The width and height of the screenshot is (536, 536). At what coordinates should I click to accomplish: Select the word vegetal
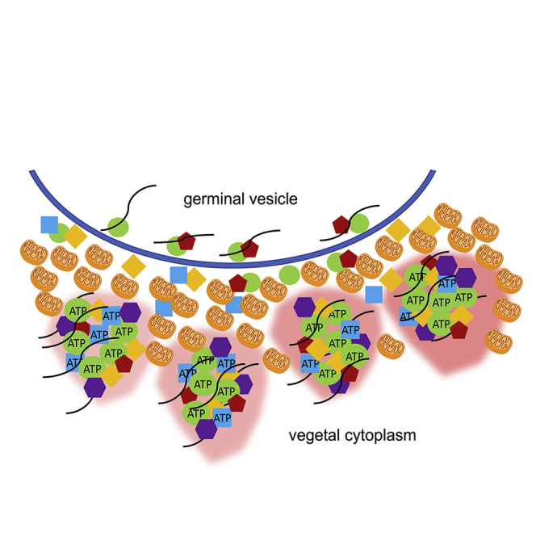coord(317,437)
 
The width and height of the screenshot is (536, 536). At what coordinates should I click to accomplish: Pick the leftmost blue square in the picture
coord(50,225)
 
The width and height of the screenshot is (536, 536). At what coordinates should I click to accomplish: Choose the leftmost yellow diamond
coord(75,237)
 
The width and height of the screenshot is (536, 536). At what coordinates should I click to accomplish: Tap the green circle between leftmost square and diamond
coord(60,233)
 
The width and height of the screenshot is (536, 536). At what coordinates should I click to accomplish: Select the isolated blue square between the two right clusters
coord(374,294)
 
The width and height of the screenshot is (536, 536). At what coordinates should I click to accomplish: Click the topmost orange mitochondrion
coord(448,215)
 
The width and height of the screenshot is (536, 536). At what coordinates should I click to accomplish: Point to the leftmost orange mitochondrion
coord(34,252)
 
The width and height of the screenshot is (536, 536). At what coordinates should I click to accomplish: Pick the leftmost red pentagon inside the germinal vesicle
coord(186,241)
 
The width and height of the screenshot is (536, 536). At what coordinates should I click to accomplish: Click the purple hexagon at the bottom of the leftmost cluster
coord(95,387)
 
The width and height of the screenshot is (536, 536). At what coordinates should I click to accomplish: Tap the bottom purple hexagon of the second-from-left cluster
coord(206,429)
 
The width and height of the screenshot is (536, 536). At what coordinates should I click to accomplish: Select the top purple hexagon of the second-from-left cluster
coord(220,346)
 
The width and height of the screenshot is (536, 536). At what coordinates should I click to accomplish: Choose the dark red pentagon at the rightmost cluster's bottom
coord(459,329)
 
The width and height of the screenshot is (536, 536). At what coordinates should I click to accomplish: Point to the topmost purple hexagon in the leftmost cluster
coord(130,312)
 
